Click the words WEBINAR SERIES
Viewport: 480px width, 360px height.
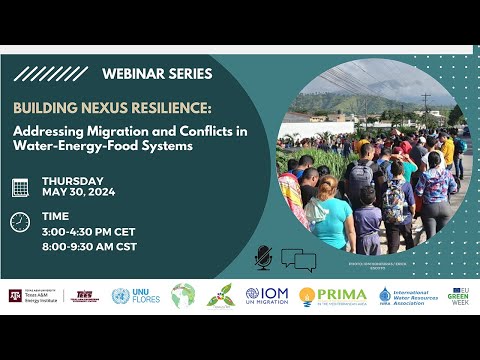coord(157,73)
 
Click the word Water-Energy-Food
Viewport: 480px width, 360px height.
coord(84,146)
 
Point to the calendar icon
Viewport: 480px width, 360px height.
coord(20,187)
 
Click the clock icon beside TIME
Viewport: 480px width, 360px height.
coord(20,221)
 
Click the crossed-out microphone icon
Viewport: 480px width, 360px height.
coord(264,257)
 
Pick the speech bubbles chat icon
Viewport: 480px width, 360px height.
coord(298,260)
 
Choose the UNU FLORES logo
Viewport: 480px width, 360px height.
coord(136,296)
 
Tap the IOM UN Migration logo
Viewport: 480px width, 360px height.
coord(266,296)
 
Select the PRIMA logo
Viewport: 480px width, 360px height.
coord(334,296)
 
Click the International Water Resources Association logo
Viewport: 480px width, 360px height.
coord(410,296)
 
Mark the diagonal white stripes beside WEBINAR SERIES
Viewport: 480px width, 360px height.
coord(50,73)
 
